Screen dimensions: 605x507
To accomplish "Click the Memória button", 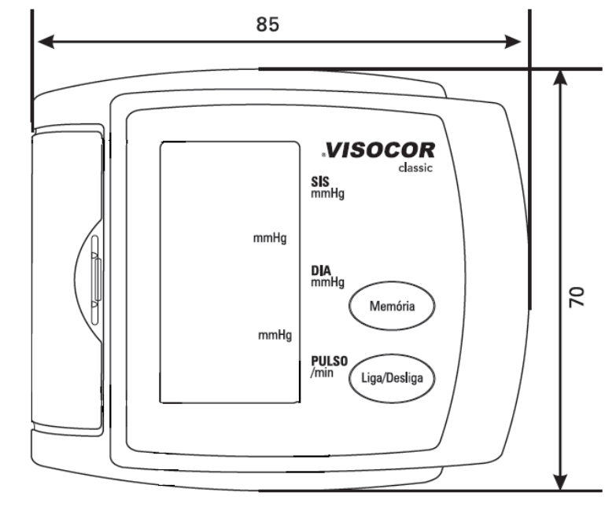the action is pos(392,306).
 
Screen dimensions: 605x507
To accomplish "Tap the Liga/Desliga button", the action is pos(392,378).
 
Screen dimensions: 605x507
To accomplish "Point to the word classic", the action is pos(415,167).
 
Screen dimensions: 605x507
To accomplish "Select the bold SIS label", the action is pos(320,182).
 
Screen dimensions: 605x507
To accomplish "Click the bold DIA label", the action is pos(321,270).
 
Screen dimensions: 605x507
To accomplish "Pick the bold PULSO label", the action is pos(330,361).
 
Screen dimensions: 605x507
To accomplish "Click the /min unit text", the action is pos(322,373).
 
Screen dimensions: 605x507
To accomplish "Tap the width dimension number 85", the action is pos(267,24).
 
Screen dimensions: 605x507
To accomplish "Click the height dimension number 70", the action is pos(577,297).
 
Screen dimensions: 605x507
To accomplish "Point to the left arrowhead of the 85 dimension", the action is pos(46,42).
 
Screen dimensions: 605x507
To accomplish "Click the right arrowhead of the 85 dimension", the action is pos(513,42).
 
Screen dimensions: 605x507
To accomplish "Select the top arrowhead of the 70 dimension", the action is pos(560,78).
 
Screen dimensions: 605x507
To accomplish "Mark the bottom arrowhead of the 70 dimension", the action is pos(560,482).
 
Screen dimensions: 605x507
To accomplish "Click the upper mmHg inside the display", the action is pos(270,238).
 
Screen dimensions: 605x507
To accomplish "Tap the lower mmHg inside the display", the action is pos(275,335).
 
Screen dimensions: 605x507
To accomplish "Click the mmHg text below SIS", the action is pos(327,193).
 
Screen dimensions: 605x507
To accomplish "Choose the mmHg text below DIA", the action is pos(327,282).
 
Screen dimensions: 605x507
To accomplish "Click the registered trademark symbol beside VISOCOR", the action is pos(323,155).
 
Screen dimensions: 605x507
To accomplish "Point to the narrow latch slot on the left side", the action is pos(95,280).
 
